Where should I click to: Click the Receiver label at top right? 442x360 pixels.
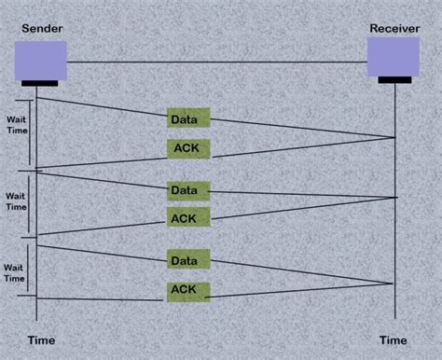393,28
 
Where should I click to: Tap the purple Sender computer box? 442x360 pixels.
41,60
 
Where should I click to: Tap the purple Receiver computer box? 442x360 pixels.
393,57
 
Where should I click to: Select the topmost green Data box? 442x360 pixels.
188,118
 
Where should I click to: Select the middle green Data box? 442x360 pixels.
188,190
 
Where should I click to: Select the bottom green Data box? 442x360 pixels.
188,257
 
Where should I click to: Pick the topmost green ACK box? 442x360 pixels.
188,147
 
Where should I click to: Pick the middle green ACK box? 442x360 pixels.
188,218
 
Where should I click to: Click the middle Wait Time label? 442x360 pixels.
16,201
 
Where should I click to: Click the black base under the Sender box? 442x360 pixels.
39,83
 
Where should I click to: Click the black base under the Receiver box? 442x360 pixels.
394,80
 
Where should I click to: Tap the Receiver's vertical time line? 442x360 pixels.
395,233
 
